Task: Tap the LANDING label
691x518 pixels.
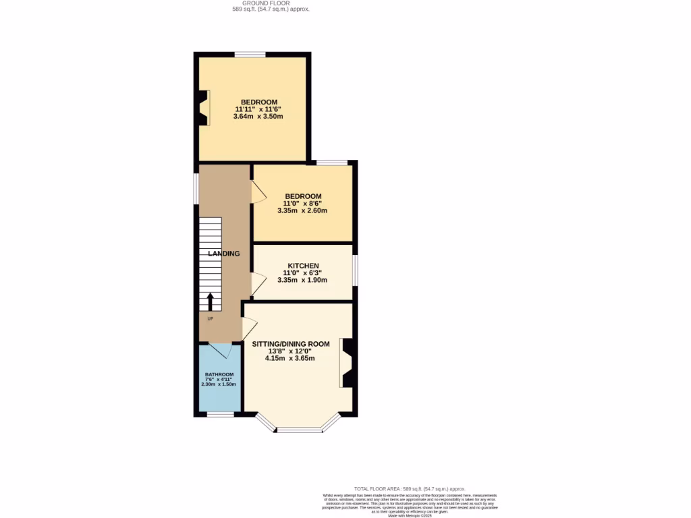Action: (x=223, y=254)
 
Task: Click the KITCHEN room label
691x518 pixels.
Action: (x=303, y=266)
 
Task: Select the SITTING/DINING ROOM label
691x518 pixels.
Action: (x=291, y=344)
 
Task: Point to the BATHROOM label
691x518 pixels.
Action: (x=219, y=374)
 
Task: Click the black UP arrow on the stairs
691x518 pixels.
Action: (x=210, y=301)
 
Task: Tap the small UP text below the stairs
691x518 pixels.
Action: (x=209, y=318)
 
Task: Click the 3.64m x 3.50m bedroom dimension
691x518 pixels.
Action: (x=258, y=117)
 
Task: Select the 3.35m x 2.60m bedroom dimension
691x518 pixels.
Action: (x=302, y=210)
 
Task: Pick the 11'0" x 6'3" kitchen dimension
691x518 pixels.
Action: (x=302, y=273)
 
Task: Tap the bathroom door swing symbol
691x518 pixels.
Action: (x=221, y=351)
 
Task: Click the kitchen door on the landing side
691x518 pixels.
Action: (x=257, y=284)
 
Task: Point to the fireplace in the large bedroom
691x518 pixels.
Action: (x=203, y=108)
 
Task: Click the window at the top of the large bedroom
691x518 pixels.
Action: (x=250, y=55)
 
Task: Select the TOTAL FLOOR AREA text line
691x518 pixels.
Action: (x=410, y=488)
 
